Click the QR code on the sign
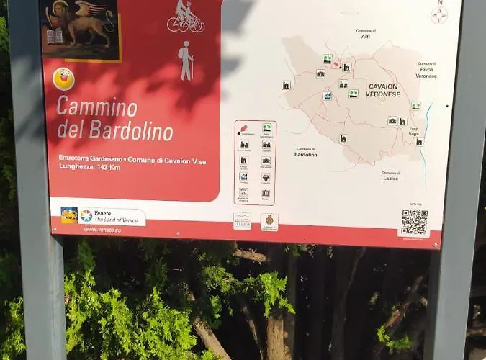click(414, 222)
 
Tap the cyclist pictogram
click(185, 17)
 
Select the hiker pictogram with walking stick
click(186, 60)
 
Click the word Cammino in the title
click(96, 108)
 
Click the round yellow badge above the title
click(63, 78)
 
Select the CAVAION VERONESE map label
click(382, 89)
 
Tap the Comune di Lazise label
click(391, 176)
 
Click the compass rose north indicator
click(438, 14)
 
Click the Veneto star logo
click(86, 215)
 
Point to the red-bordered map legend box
click(254, 163)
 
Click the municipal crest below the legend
click(269, 221)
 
